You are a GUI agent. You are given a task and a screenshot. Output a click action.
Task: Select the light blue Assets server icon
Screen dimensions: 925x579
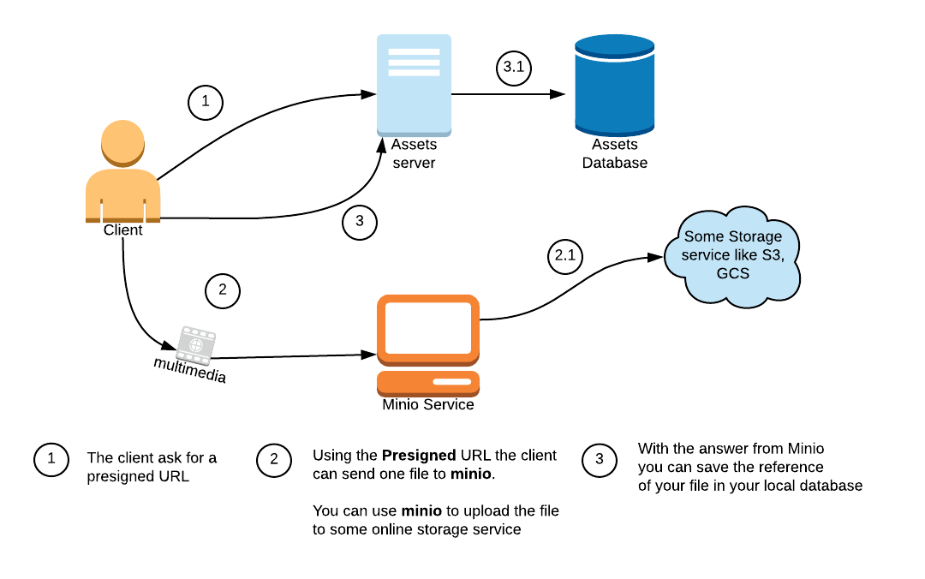click(415, 86)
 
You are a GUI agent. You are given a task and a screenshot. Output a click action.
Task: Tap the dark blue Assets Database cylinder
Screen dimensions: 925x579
click(615, 86)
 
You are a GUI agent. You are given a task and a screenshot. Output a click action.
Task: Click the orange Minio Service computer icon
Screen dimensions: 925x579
click(428, 345)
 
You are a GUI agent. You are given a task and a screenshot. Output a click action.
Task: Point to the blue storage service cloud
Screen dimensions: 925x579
click(732, 257)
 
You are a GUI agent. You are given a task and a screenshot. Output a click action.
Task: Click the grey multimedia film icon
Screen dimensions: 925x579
click(196, 344)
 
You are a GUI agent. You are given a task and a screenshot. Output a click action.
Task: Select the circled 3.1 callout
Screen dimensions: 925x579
click(514, 68)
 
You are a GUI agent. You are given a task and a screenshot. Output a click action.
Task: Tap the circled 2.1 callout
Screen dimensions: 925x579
click(565, 256)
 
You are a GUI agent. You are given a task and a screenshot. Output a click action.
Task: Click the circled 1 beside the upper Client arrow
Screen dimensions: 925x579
click(206, 102)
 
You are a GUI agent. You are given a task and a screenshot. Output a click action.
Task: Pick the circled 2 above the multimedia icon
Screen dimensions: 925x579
click(223, 290)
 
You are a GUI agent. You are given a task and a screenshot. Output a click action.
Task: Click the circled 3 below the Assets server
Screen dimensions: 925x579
click(359, 222)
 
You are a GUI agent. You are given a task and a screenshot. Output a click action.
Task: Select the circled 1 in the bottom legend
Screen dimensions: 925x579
click(51, 459)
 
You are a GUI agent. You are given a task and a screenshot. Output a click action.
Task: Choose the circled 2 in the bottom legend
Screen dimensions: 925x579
click(274, 460)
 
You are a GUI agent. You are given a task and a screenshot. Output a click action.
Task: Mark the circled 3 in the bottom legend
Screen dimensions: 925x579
click(600, 460)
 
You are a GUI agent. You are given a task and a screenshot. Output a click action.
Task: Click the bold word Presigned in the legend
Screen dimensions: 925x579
click(419, 456)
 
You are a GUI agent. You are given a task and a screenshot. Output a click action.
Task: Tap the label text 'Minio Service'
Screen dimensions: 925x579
click(428, 405)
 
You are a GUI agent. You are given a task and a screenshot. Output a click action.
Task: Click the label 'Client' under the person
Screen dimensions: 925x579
click(122, 230)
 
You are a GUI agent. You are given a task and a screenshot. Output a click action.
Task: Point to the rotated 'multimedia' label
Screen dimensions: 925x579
click(190, 370)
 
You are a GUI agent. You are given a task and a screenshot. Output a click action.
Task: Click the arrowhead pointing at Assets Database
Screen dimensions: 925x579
click(558, 94)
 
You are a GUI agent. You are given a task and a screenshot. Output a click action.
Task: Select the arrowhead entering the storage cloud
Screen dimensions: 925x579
click(655, 257)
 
